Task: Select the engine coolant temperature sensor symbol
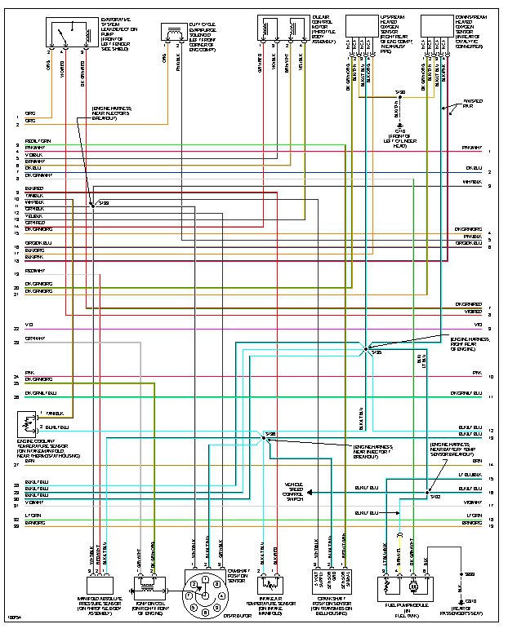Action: pyautogui.click(x=24, y=424)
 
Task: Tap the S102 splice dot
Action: pyautogui.click(x=430, y=493)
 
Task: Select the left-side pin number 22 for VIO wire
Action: pyautogui.click(x=16, y=327)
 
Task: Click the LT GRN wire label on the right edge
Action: pyautogui.click(x=473, y=516)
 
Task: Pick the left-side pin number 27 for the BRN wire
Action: pyautogui.click(x=16, y=464)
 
